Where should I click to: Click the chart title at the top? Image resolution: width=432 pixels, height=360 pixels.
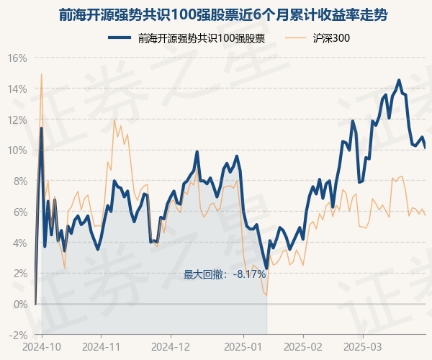coord(216,15)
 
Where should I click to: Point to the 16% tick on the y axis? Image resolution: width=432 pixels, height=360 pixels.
coord(17,58)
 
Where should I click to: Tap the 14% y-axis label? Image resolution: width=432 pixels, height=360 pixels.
coord(17,89)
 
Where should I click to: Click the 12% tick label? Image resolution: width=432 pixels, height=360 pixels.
coord(17,120)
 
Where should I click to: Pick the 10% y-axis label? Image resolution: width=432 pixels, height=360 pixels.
coord(17,150)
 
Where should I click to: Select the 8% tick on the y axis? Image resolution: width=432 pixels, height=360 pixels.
coord(19,181)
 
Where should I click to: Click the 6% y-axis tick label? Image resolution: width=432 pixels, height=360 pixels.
coord(19,212)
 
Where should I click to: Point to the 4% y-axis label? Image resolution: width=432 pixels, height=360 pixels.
coord(19,243)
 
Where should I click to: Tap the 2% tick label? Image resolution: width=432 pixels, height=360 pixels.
coord(19,274)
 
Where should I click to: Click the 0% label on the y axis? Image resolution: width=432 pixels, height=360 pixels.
coord(19,304)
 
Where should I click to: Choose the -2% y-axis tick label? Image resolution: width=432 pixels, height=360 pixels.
coord(17,335)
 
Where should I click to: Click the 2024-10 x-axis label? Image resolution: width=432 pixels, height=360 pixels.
coord(42,346)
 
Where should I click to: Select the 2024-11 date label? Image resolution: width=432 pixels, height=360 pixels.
coord(101,346)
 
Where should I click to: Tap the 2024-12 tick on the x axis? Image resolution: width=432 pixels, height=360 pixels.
coord(171,346)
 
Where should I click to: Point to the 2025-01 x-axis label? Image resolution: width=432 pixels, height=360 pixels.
coord(243,346)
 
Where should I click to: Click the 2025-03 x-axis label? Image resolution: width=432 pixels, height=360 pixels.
coord(363,346)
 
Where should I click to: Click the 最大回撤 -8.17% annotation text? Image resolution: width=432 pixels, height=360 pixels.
coord(225,274)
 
